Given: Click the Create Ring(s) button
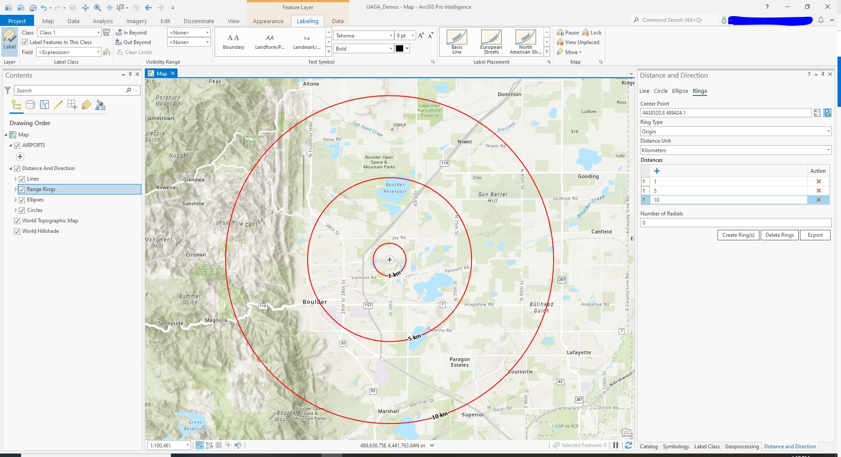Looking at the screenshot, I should pos(738,235).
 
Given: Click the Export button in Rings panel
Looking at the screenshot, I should pos(815,235).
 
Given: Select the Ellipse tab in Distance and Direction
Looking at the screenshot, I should pos(680,91).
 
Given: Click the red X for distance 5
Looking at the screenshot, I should pos(818,191).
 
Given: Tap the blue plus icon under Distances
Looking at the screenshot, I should pos(657,171).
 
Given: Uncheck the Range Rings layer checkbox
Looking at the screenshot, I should pos(22,189).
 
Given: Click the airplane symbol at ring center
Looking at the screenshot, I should pos(390,260).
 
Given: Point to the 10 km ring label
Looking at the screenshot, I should pos(440,415).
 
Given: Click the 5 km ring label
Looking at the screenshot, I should pos(414,337).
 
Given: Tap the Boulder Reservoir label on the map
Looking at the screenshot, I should pos(395,188).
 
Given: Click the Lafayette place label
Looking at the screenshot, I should pos(579,352).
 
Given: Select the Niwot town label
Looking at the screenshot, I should pos(465,142).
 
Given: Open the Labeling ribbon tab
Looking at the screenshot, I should pos(308,21).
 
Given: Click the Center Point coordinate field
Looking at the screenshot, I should pos(725,113).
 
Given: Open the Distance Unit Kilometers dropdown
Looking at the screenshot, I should pos(735,150).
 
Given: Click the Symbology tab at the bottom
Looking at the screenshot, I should pos(676,447).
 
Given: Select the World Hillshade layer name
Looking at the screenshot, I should pos(41,231).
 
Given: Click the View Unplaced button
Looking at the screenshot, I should pos(582,42).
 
